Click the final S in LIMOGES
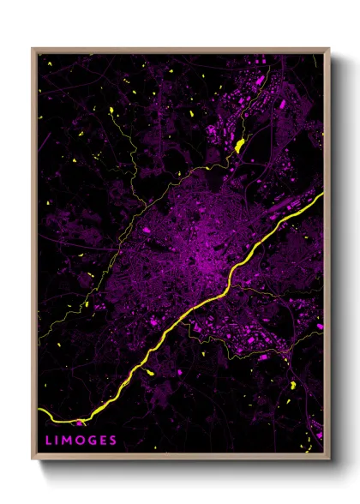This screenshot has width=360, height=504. click(113, 441)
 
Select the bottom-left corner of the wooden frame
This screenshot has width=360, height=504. click(33, 458)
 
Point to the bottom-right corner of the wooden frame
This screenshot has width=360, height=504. click(328, 458)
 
